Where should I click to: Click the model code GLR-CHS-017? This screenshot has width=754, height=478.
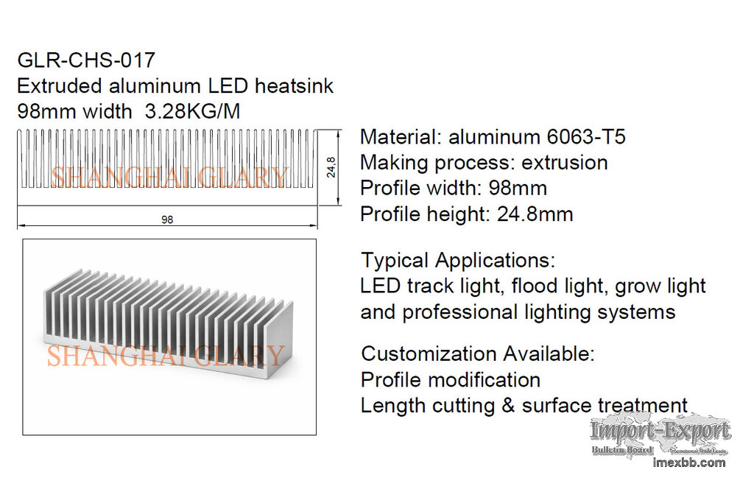[x=86, y=60]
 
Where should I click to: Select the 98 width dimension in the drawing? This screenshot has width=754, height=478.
[x=167, y=219]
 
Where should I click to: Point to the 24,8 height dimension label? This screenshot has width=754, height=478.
[x=332, y=168]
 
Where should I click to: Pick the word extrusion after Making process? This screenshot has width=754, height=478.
[x=565, y=163]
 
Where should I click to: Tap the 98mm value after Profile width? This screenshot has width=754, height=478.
[x=518, y=189]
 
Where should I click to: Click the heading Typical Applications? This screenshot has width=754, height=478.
[x=458, y=260]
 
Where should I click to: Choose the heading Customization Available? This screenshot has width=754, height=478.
[x=477, y=354]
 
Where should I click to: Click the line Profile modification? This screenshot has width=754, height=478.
[x=450, y=380]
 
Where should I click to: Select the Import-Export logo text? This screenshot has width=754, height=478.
[x=660, y=431]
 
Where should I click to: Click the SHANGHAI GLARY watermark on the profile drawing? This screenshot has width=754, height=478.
[x=169, y=177]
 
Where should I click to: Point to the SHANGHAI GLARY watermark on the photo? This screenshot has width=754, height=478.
[x=166, y=356]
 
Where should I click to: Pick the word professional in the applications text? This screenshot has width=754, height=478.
[x=459, y=312]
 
